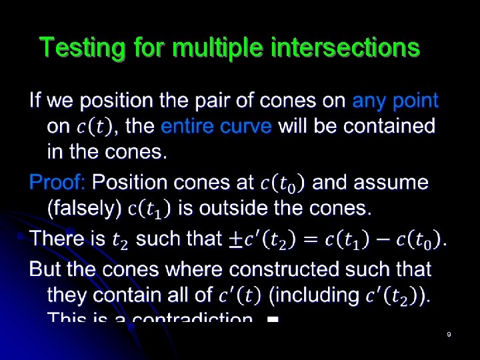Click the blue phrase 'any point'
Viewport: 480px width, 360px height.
(395, 101)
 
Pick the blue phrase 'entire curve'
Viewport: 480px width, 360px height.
(217, 126)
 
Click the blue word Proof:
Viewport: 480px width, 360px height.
(57, 182)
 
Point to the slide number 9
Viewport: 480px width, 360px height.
(449, 334)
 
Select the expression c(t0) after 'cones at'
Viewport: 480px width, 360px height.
(282, 183)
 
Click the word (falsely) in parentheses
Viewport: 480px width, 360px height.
(84, 208)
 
